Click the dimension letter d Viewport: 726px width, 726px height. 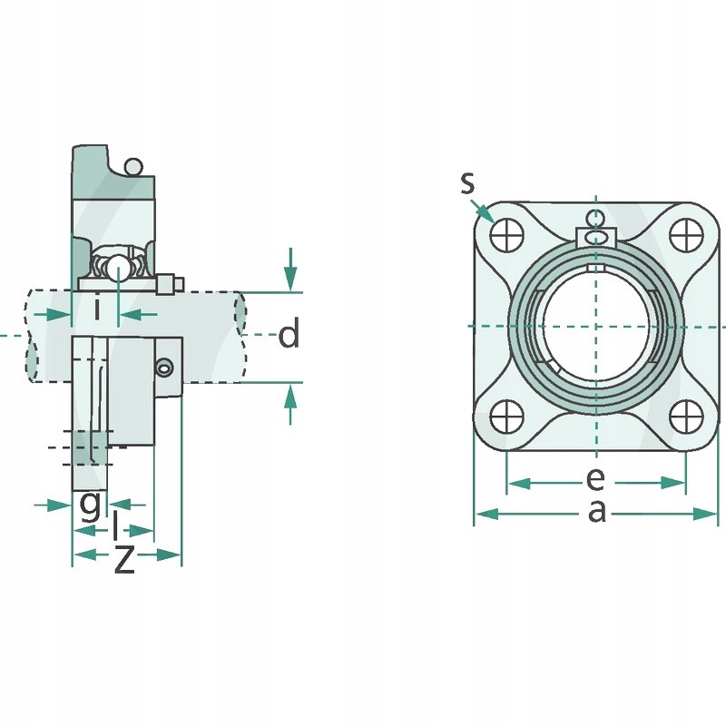tap(289, 336)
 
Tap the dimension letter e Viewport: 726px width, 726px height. tap(594, 477)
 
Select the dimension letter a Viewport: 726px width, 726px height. tap(596, 512)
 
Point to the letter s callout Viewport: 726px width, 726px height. tap(467, 183)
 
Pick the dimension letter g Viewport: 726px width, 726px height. tap(90, 505)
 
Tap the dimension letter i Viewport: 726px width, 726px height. tap(97, 309)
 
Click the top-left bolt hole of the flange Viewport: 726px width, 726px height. tap(506, 235)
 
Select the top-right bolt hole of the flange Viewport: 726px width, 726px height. tap(686, 235)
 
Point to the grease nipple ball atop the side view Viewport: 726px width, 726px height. tap(133, 167)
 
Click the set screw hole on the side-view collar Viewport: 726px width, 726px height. tap(164, 367)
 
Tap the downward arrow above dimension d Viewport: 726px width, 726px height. tap(289, 270)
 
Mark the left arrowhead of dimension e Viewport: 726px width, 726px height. tap(518, 483)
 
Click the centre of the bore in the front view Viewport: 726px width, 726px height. tap(596, 325)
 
